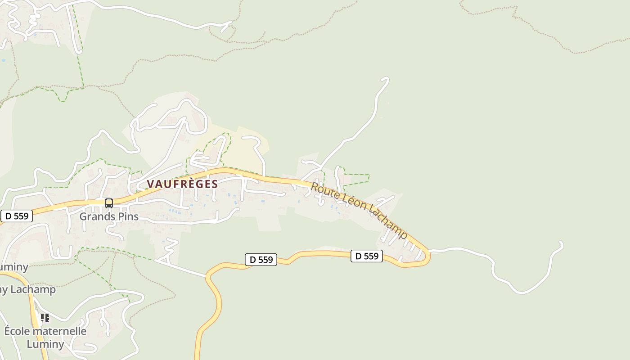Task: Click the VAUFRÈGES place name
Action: [x=182, y=184]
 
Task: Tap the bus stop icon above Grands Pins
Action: [x=109, y=203]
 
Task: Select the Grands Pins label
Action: [x=109, y=216]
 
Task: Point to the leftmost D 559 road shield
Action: [x=17, y=216]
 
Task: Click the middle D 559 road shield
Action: [x=261, y=260]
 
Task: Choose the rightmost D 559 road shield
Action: [x=367, y=256]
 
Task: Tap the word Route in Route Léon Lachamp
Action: [x=325, y=191]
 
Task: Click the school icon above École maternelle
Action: [x=45, y=318]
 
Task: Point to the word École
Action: [x=18, y=331]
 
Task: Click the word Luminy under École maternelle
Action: [x=45, y=344]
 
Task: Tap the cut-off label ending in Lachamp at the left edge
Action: [x=27, y=289]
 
